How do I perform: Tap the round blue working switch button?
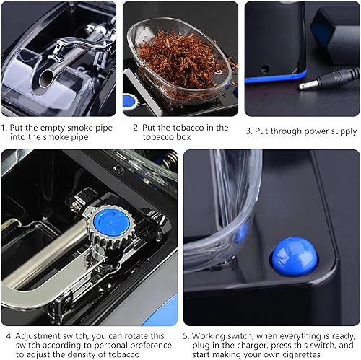click(x=293, y=256)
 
